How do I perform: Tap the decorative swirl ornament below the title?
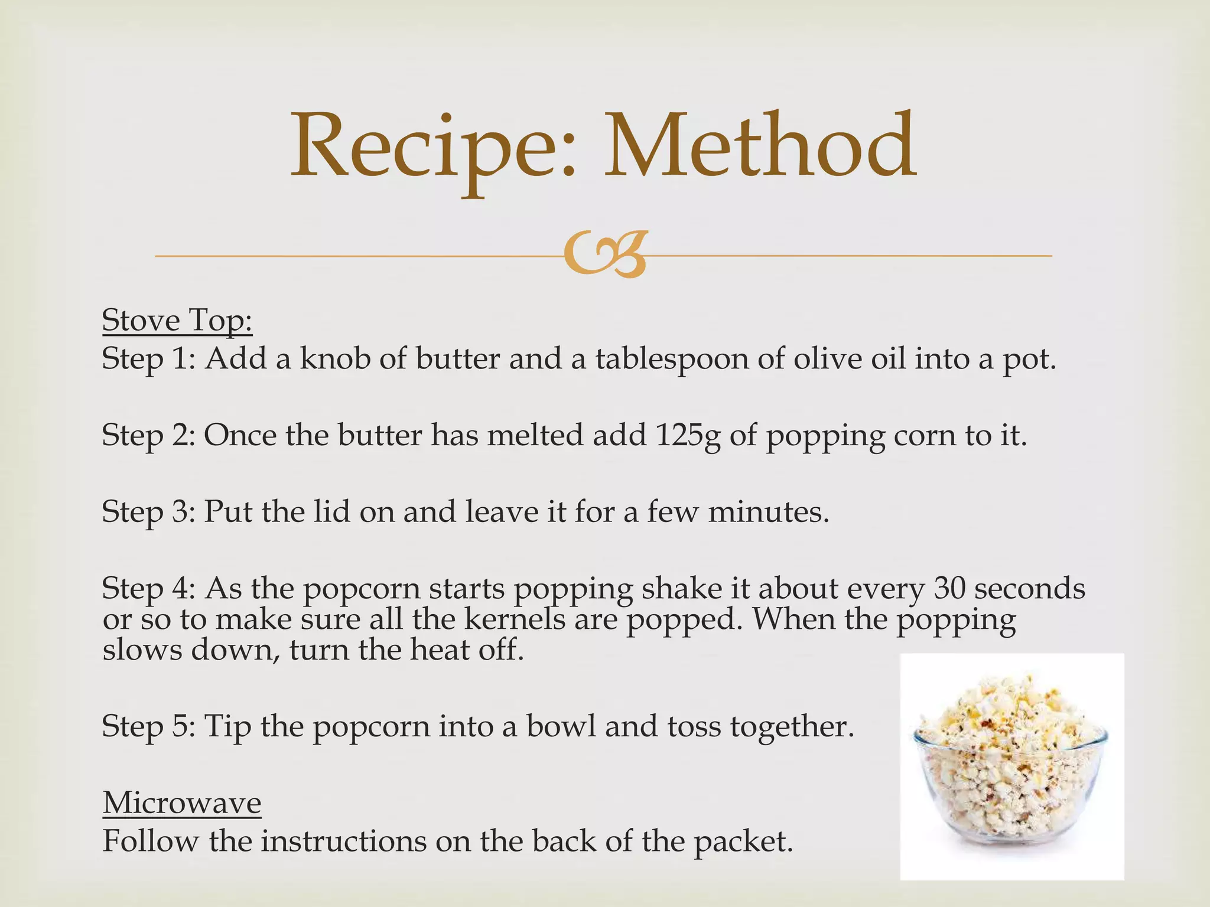click(604, 255)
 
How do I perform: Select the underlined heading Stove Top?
click(177, 321)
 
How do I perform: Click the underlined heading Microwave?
click(182, 803)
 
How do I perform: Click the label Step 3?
click(148, 512)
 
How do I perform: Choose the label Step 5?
click(148, 726)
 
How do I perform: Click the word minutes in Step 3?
click(768, 512)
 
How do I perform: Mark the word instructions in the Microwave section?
click(344, 841)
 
